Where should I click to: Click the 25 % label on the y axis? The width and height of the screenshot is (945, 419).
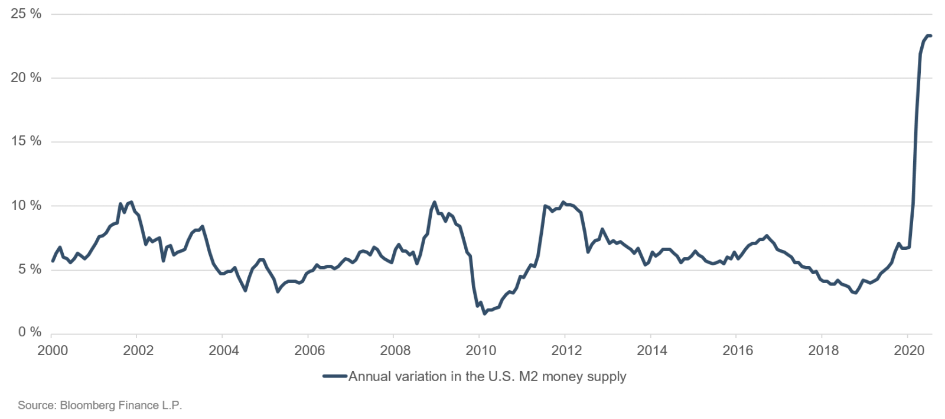[26, 14]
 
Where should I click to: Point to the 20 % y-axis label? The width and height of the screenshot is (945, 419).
[26, 77]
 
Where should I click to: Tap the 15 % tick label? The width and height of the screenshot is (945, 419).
[26, 141]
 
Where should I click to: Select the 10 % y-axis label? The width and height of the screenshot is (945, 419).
[26, 206]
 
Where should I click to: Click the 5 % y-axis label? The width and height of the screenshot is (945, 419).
[30, 269]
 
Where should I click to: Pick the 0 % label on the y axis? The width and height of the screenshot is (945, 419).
[30, 333]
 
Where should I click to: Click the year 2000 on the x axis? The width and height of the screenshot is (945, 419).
[53, 350]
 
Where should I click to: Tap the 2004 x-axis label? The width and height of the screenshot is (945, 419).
[224, 350]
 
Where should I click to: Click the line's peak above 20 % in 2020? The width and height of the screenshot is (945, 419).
[929, 36]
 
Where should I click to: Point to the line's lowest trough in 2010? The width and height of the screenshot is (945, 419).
[484, 313]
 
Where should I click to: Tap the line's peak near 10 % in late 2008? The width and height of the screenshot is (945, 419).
[434, 202]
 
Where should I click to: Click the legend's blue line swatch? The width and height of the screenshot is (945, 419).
[335, 376]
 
